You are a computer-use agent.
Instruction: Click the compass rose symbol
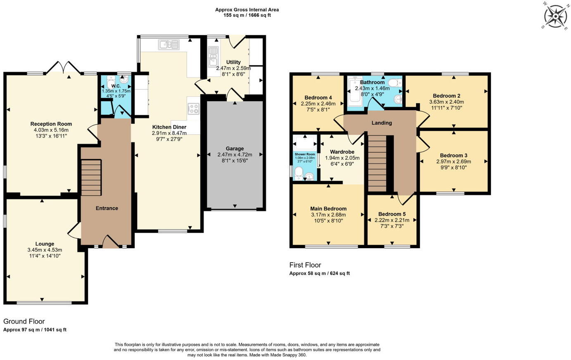555,16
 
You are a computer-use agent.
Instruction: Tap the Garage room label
235,149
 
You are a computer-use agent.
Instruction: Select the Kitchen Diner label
169,127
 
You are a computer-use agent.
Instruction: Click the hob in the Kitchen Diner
193,109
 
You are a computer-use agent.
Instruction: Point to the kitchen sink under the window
169,45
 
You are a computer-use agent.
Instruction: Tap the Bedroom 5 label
392,214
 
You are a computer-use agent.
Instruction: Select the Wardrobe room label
342,152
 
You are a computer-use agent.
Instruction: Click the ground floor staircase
91,178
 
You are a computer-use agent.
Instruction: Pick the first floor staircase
377,163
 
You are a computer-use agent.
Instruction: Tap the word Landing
382,123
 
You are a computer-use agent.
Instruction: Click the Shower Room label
305,154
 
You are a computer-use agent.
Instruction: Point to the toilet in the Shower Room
298,174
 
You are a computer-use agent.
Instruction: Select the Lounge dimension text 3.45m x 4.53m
45,250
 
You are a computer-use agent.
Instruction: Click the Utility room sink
212,57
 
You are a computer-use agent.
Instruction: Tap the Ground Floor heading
24,321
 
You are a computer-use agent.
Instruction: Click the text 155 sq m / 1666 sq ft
247,15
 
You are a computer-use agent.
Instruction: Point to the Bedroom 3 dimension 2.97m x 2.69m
454,161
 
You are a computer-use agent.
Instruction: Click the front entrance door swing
111,241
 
